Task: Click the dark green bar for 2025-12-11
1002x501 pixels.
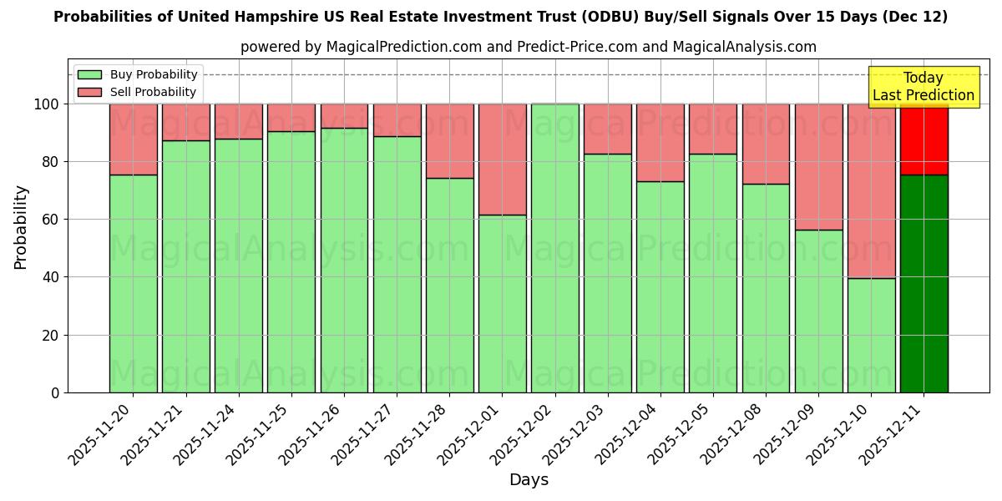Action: click(924, 284)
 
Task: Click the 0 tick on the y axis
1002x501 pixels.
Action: click(55, 392)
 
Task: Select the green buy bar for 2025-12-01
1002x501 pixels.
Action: click(502, 304)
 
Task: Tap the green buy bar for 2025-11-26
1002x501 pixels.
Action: click(344, 260)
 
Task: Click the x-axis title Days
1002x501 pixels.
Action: click(529, 480)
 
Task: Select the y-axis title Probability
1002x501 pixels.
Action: click(21, 227)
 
